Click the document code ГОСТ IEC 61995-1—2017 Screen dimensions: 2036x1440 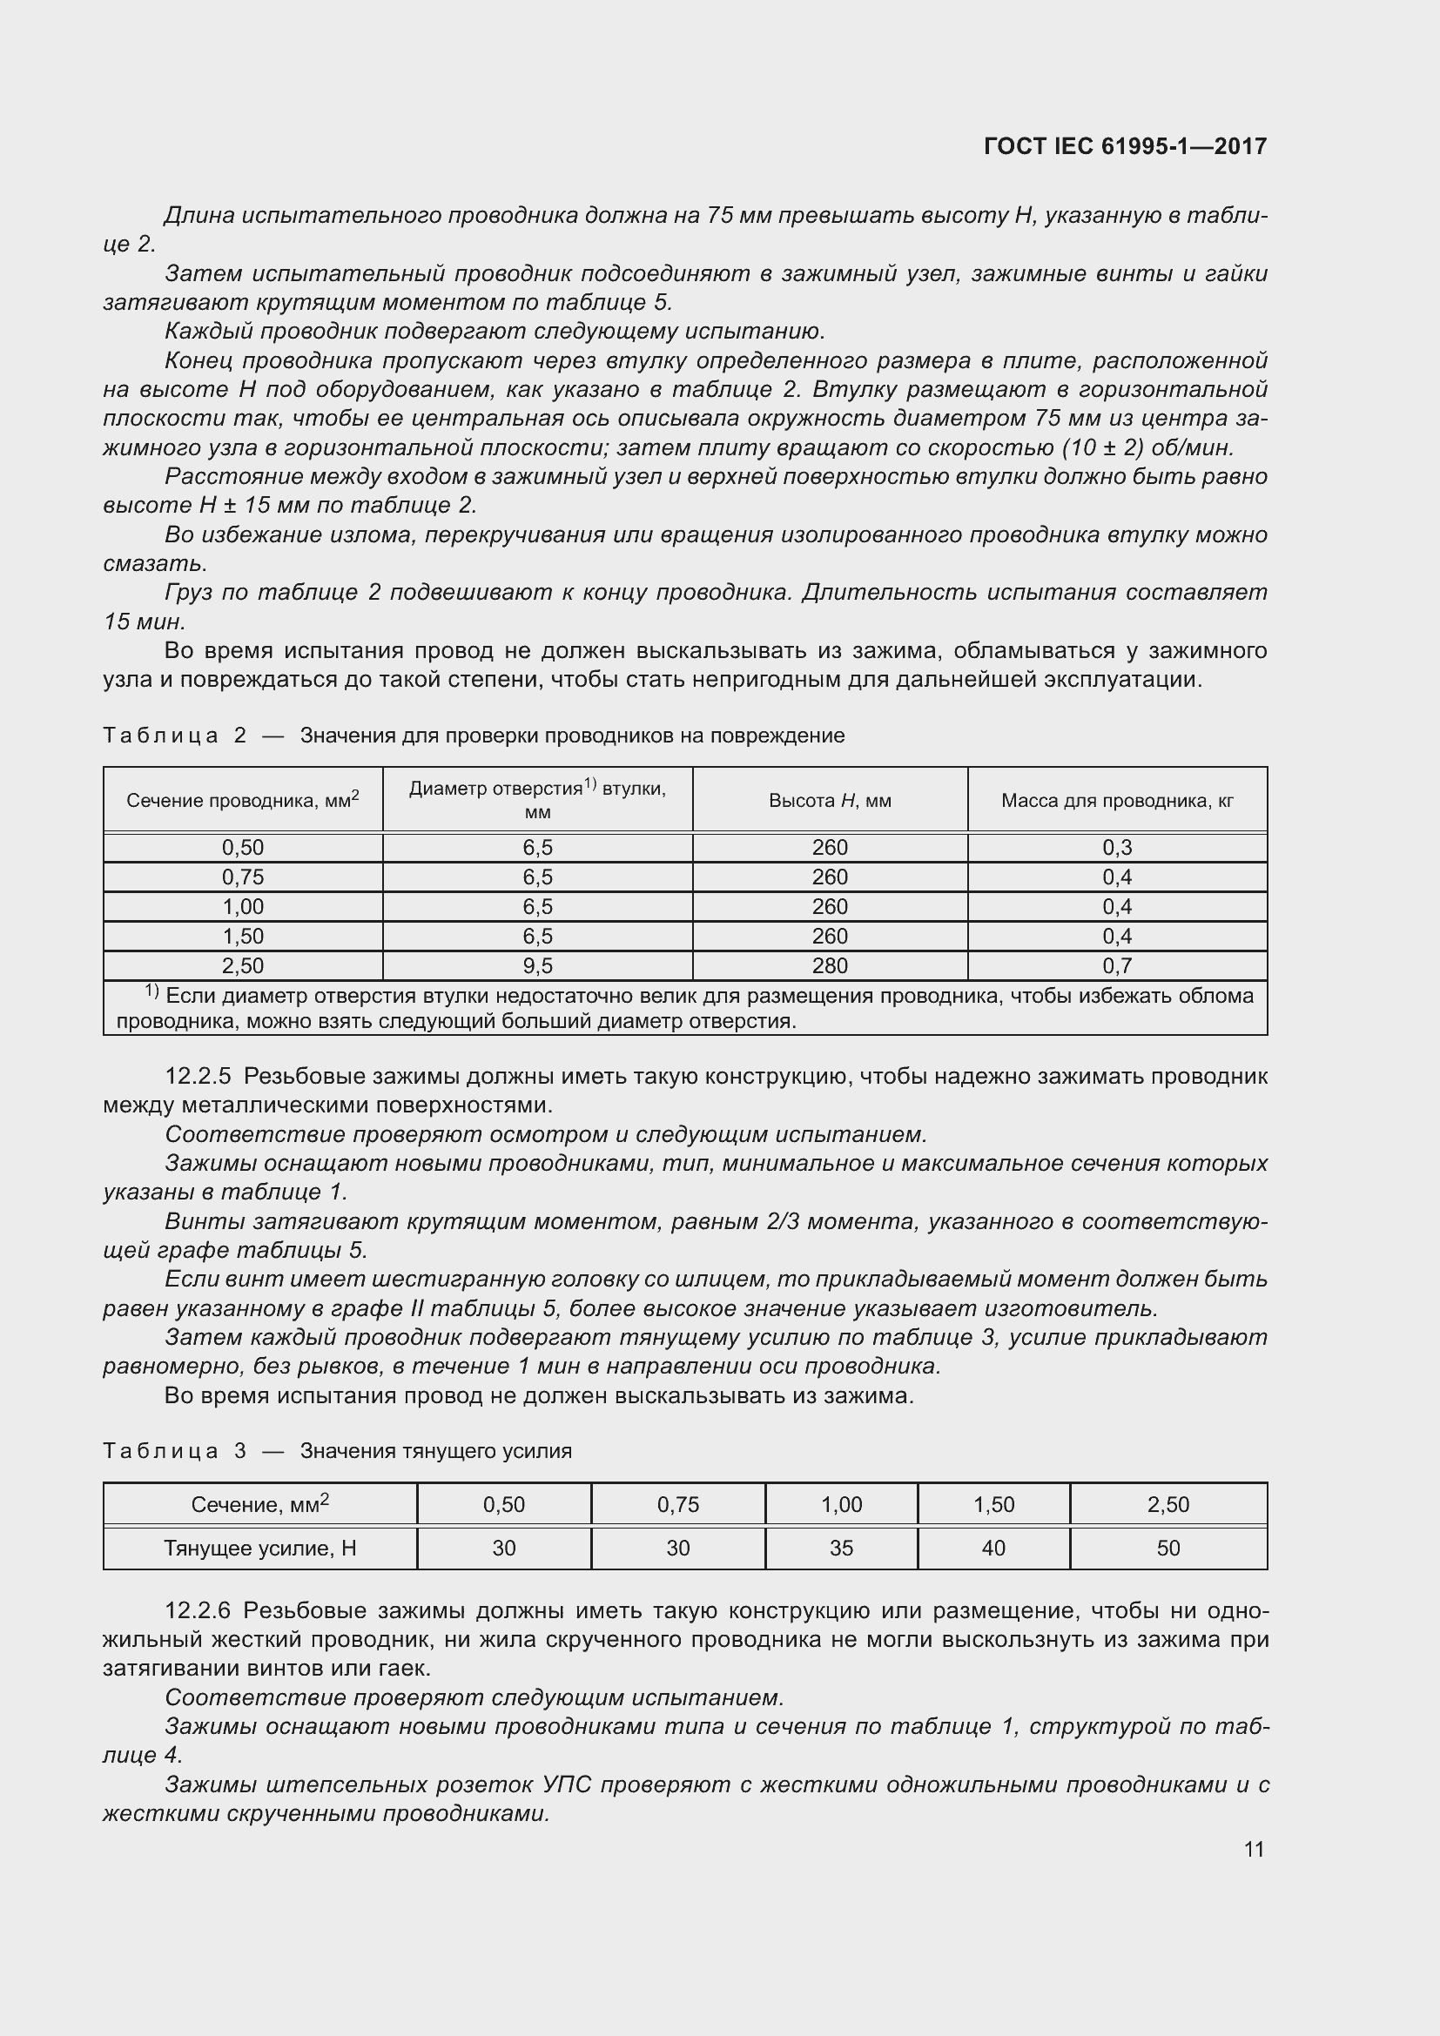tap(1124, 146)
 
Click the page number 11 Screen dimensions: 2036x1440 tap(1253, 1849)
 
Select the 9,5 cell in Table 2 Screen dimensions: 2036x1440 tap(537, 965)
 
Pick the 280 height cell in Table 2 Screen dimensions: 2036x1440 tap(829, 965)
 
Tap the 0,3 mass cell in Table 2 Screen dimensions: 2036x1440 tap(1116, 848)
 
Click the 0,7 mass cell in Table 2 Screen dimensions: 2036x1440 tap(1116, 965)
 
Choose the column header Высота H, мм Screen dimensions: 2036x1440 tap(829, 801)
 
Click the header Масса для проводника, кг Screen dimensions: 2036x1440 tap(1116, 801)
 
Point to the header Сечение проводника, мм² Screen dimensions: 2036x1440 tap(242, 800)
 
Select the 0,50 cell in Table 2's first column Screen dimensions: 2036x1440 tap(242, 848)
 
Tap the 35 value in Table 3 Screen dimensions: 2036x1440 tap(841, 1549)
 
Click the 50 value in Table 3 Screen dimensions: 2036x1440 tap(1167, 1549)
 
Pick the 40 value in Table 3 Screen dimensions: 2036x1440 tap(993, 1549)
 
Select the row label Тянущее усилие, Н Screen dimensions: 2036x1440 tap(259, 1549)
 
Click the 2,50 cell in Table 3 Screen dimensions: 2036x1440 tap(1167, 1505)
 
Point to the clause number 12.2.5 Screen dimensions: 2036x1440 tap(198, 1077)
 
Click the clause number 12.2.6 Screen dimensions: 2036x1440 tap(198, 1610)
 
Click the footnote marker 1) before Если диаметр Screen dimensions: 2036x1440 tap(151, 992)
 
